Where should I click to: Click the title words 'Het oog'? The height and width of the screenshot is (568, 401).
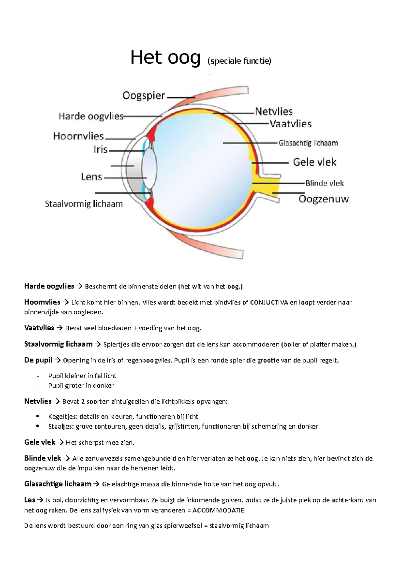tap(165, 58)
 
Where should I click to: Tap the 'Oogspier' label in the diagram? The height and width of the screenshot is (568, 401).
tap(144, 96)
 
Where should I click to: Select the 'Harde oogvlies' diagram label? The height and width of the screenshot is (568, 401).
tap(91, 116)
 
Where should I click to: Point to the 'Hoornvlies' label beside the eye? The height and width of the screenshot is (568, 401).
tap(79, 136)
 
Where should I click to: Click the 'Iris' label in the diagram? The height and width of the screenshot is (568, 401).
tap(100, 149)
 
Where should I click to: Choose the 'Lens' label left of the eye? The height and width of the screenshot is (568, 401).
tap(91, 177)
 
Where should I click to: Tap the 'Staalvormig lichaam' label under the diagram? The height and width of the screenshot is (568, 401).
tap(84, 204)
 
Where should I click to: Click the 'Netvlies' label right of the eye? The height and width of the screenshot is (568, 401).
tap(274, 111)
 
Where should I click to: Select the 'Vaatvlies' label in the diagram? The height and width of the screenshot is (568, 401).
tap(290, 124)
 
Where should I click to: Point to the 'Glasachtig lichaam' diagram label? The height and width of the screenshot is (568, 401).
tap(308, 143)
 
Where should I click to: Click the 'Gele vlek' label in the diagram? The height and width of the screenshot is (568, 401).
tap(314, 162)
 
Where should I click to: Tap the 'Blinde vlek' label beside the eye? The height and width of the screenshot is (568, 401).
tap(324, 183)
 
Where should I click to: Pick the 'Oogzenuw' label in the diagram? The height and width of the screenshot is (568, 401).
tap(323, 199)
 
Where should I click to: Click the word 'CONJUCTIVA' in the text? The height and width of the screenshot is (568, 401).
tap(269, 303)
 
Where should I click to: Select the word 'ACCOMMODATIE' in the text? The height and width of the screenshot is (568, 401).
tap(219, 510)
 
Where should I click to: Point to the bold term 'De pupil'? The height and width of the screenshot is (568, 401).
tap(38, 360)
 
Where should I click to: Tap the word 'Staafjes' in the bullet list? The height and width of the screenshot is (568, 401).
tap(60, 427)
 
